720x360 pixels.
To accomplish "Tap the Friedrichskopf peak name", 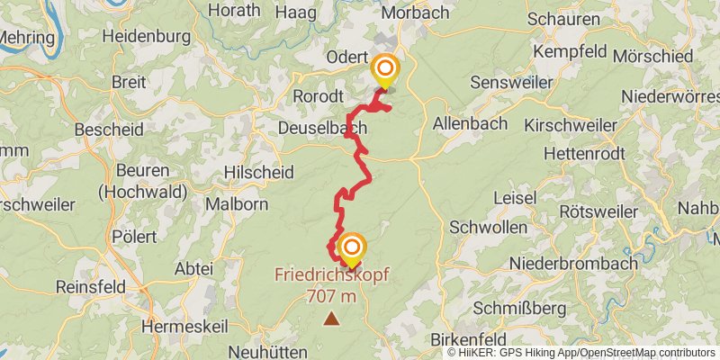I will (332, 273).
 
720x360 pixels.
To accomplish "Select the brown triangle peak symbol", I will (332, 318).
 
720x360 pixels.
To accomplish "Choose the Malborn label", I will (237, 204).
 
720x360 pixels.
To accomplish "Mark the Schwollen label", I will (488, 227).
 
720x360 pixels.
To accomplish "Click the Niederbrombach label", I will (573, 264).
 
